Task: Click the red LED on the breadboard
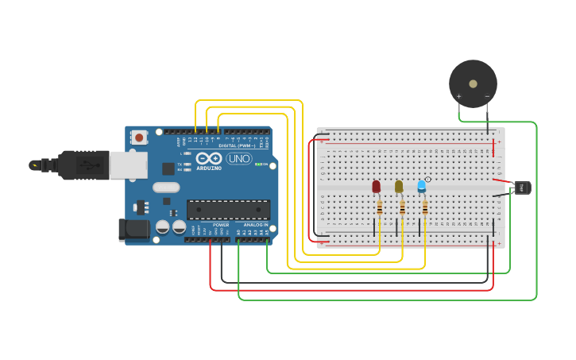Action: (377, 187)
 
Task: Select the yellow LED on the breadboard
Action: (399, 187)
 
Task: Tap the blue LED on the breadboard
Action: (422, 187)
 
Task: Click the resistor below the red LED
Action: (380, 208)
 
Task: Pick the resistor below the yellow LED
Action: (402, 208)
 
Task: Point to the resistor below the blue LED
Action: (425, 208)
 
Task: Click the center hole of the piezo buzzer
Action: (473, 83)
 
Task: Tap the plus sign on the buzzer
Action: (458, 96)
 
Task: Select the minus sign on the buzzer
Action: (487, 96)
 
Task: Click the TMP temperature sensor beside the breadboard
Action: (522, 188)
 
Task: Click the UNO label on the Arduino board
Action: (238, 158)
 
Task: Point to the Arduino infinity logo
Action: (209, 158)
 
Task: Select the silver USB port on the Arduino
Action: (128, 165)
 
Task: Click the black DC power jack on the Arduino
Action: (133, 229)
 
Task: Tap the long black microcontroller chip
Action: (228, 210)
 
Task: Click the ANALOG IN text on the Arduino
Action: (256, 225)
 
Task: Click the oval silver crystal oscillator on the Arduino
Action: (166, 188)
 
